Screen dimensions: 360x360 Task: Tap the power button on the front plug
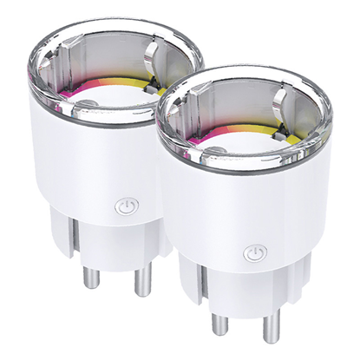pos(253,253)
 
